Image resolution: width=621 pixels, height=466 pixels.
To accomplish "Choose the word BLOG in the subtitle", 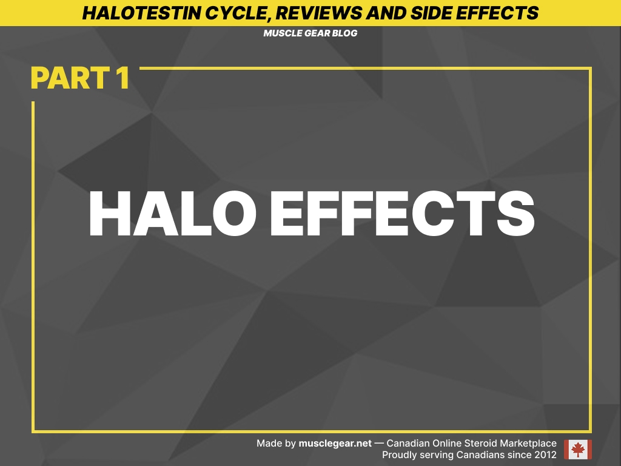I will coord(344,33).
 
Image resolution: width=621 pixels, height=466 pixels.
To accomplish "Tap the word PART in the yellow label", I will coord(66,78).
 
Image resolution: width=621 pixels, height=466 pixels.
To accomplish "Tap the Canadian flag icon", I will coord(577,450).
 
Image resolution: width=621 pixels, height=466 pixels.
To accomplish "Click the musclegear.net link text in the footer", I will coord(335,444).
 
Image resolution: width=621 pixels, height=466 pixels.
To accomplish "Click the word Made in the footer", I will coord(268,444).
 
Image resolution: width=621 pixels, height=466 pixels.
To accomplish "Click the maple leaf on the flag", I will coord(577,450).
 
